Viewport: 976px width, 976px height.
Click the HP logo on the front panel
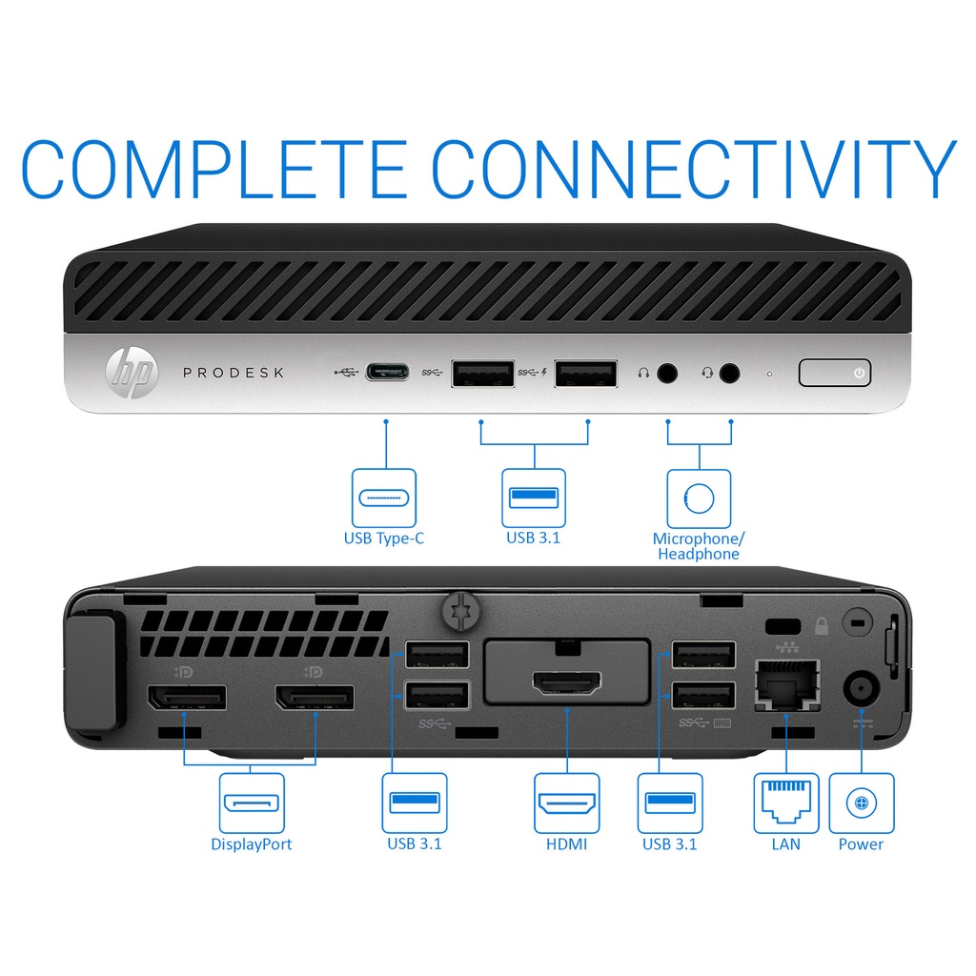[132, 373]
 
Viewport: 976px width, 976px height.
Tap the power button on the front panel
[835, 373]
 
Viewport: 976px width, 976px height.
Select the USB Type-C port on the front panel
[387, 373]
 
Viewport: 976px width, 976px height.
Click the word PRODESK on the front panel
[234, 373]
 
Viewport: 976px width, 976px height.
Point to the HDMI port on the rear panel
[566, 683]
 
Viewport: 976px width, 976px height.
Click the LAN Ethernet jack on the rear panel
[786, 684]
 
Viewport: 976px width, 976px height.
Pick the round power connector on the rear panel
[862, 688]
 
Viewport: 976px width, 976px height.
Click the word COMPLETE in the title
[214, 169]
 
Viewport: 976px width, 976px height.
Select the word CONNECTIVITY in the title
[694, 169]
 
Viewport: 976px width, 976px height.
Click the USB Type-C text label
[384, 539]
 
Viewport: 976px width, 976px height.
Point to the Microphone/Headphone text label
[699, 546]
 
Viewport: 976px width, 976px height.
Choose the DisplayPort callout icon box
[252, 803]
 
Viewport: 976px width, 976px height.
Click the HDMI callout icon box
[567, 803]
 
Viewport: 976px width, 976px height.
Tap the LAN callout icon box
[786, 803]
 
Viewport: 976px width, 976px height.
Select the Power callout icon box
[862, 803]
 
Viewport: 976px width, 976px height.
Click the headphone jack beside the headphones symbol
[667, 374]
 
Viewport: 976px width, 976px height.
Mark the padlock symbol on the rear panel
[822, 626]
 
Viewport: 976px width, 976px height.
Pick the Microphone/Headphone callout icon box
[699, 498]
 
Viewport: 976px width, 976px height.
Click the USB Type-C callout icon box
[384, 498]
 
